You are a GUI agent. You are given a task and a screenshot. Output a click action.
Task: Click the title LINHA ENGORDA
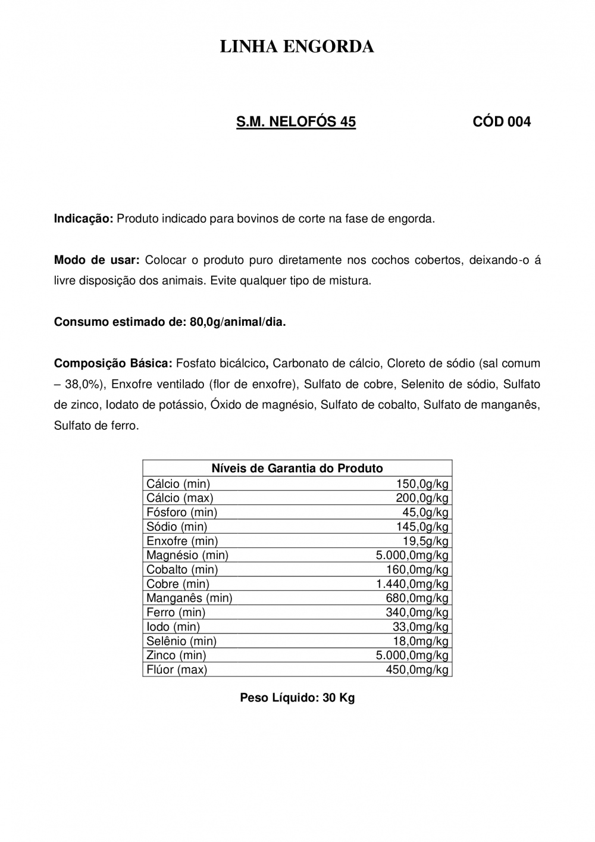297,47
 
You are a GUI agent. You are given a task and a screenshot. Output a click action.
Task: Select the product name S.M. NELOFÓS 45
296,122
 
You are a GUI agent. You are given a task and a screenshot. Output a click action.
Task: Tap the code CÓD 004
502,122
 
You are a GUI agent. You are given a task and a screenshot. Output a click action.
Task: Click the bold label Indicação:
83,219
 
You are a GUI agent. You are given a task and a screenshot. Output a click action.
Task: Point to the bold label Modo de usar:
96,260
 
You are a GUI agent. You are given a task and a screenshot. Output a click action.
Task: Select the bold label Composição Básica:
113,363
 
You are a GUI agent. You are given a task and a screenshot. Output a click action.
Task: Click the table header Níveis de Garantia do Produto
297,468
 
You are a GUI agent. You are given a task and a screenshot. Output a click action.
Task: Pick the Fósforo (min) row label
181,512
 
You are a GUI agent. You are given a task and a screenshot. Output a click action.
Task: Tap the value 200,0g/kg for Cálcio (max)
422,498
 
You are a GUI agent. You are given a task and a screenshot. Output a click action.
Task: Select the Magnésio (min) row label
187,555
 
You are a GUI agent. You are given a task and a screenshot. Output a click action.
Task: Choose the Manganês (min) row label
189,598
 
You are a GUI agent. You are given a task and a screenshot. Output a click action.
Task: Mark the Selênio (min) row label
181,641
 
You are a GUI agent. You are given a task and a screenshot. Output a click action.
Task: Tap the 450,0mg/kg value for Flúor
416,669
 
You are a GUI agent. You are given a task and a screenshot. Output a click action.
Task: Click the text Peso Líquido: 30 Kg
297,698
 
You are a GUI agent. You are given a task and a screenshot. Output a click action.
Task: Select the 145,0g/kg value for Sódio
422,526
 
